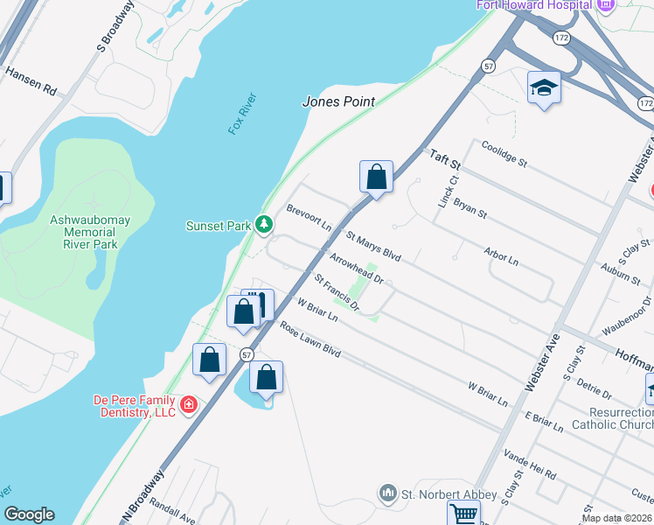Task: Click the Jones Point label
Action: pos(338,101)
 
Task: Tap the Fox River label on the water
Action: pos(238,115)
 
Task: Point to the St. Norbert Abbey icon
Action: pos(388,494)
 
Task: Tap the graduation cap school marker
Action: pos(543,87)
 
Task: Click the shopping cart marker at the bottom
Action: pos(463,513)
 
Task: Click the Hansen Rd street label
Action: pos(31,82)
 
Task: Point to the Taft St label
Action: pos(444,158)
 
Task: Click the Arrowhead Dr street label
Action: pos(356,268)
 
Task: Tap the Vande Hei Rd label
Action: pos(531,465)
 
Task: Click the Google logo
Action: pos(29,514)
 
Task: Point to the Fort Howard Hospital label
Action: pos(533,5)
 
